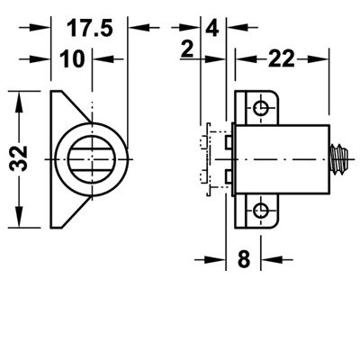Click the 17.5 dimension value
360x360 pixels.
coord(89,28)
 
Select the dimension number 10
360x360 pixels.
coord(72,58)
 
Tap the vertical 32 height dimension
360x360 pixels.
coord(18,158)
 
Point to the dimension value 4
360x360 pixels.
coord(212,29)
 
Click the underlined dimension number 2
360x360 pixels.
coord(187,49)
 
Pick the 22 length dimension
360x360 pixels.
coord(281,59)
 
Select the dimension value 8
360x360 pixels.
coord(244,259)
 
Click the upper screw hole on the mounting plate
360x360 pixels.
coord(260,107)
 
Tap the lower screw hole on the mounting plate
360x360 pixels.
coord(260,211)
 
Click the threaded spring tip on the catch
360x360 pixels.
coord(339,159)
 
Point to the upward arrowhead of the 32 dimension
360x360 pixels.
coord(19,102)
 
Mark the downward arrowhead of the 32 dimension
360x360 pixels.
coord(19,216)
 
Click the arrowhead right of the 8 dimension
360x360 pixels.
coord(272,259)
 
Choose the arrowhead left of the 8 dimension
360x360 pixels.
coord(215,259)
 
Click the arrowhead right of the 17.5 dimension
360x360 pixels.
coord(139,28)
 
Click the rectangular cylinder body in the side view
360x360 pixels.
coord(282,160)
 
